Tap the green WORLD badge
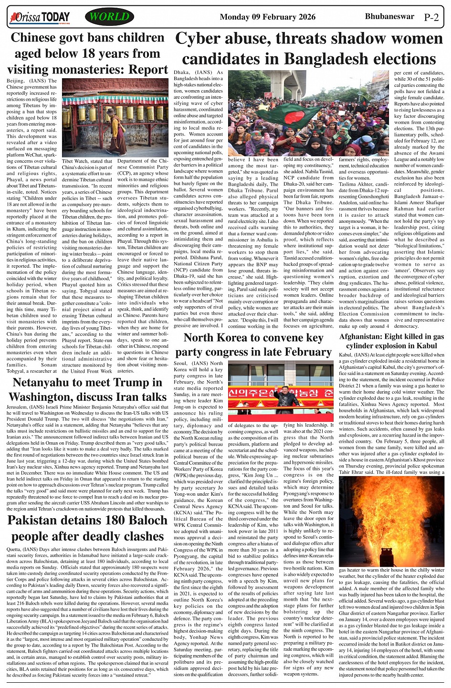(x=109, y=17)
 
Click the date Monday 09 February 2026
(x=267, y=17)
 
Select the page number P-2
(x=431, y=18)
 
